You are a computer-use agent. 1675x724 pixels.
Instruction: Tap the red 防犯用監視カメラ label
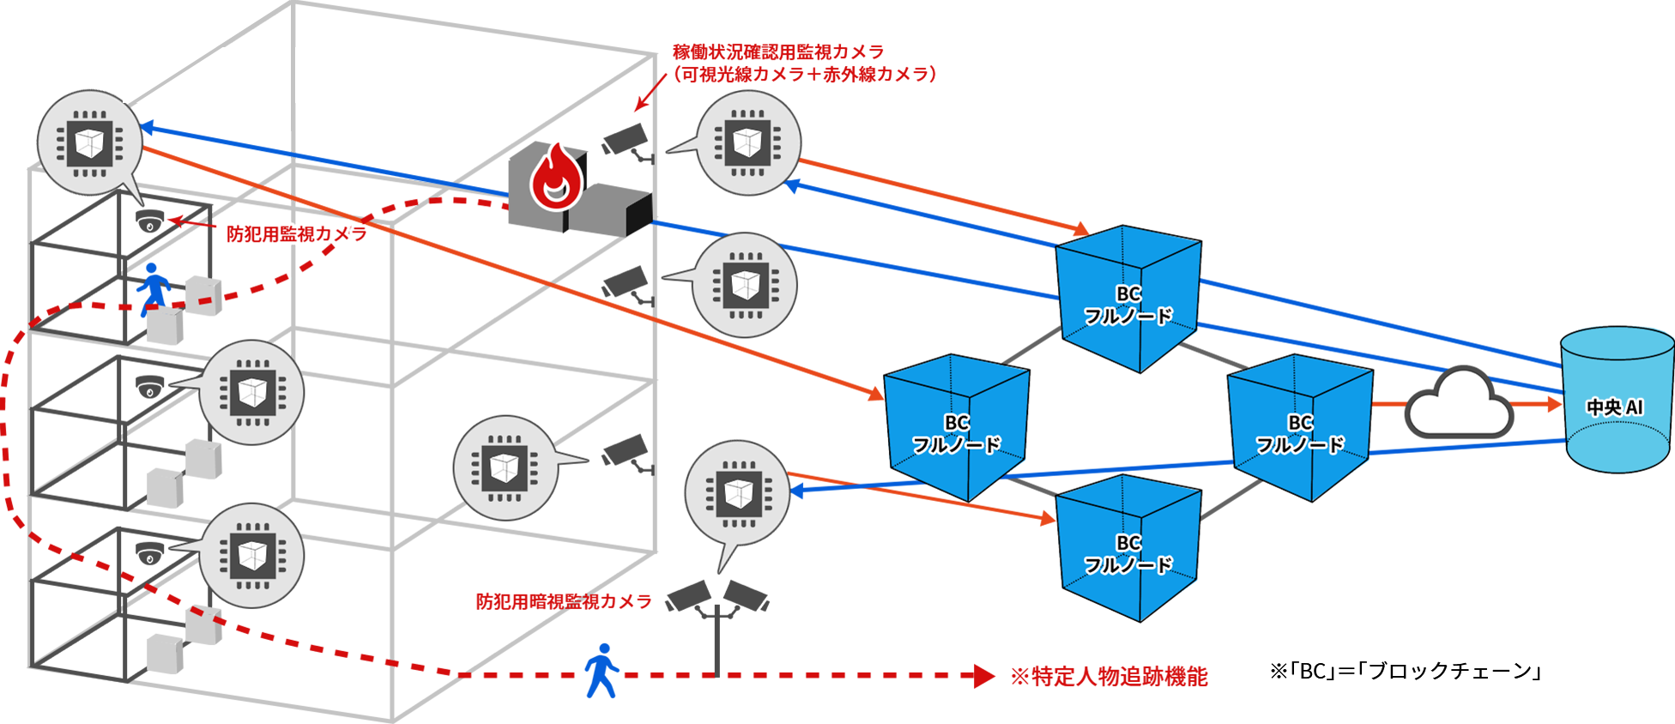(297, 233)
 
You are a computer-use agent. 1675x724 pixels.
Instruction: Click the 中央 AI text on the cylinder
(1614, 407)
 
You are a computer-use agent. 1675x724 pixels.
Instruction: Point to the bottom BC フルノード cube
(1128, 549)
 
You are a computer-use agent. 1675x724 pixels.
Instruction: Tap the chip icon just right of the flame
(747, 142)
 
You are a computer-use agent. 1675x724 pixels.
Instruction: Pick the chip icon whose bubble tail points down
(738, 493)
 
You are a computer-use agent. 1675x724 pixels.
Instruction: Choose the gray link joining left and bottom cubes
(1030, 489)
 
